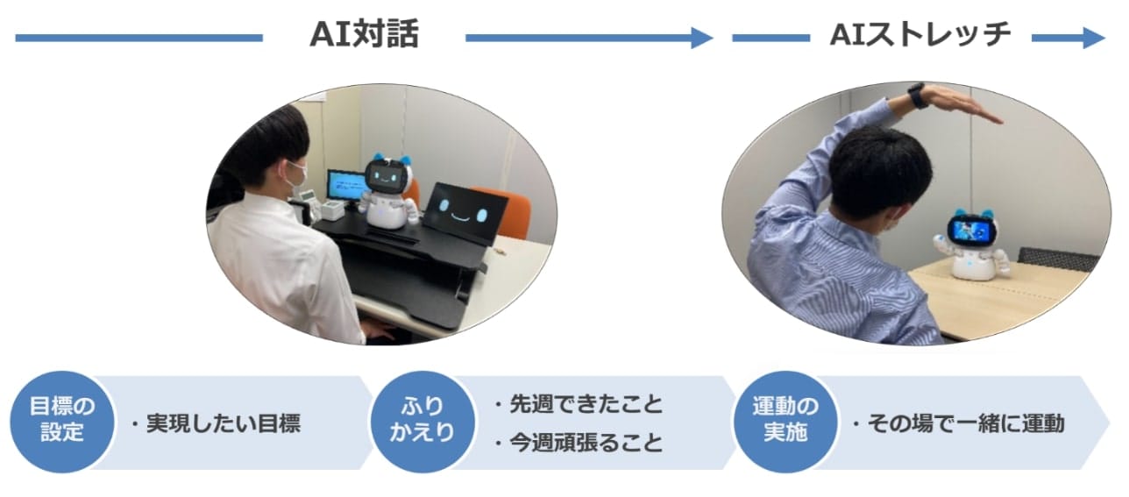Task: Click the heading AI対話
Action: pos(364,34)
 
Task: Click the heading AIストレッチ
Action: pos(920,34)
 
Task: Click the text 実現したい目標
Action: pos(223,423)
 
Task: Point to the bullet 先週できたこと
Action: pos(586,404)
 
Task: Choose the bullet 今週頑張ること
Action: pos(586,443)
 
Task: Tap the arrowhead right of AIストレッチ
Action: pos(1094,38)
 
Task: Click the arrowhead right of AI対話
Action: pos(701,38)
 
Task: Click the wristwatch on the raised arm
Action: pos(917,96)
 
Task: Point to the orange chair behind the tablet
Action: pos(504,209)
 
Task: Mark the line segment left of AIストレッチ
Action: pos(770,38)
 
